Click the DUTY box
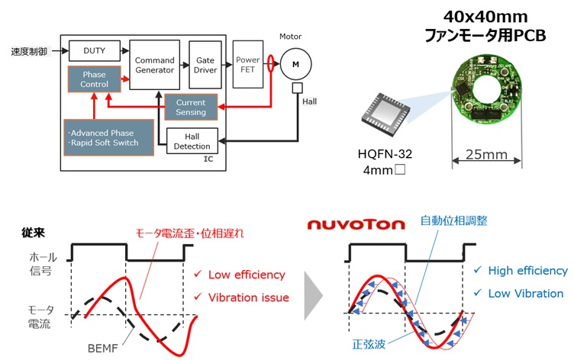pyautogui.click(x=95, y=51)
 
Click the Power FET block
pyautogui.click(x=248, y=65)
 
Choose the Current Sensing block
pyautogui.click(x=191, y=108)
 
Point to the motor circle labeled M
pyautogui.click(x=292, y=66)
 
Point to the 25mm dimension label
pyautogui.click(x=486, y=155)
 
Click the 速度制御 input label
pyautogui.click(x=30, y=52)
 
